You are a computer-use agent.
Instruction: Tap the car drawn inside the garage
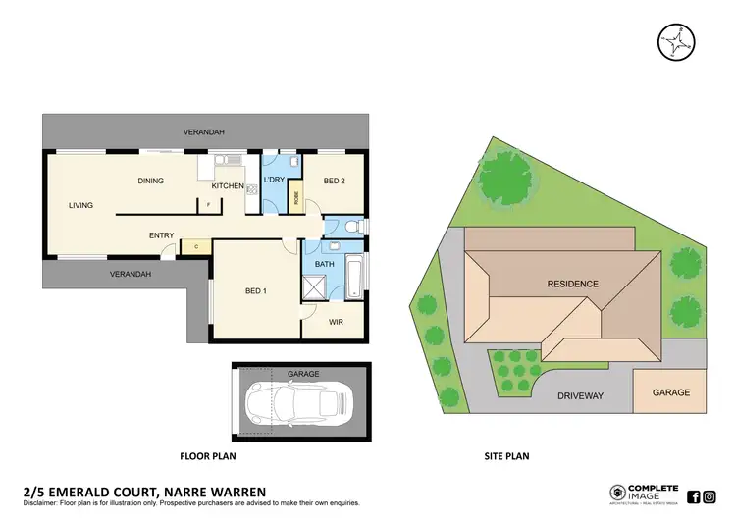[x=300, y=401]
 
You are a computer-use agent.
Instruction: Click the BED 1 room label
[x=254, y=290]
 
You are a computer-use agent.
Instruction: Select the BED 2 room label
[x=335, y=182]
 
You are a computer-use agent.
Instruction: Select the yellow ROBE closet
[x=295, y=196]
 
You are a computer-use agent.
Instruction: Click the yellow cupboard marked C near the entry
[x=196, y=247]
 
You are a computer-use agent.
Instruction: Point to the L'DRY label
[x=274, y=181]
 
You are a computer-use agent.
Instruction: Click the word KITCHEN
[x=228, y=185]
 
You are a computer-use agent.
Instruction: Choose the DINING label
[x=150, y=181]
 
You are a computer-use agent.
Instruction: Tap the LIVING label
[x=80, y=206]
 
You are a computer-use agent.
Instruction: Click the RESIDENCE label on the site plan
[x=572, y=284]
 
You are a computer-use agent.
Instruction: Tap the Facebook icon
[x=694, y=495]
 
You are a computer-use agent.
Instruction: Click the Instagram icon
[x=710, y=495]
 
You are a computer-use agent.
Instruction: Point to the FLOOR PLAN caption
[x=207, y=456]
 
